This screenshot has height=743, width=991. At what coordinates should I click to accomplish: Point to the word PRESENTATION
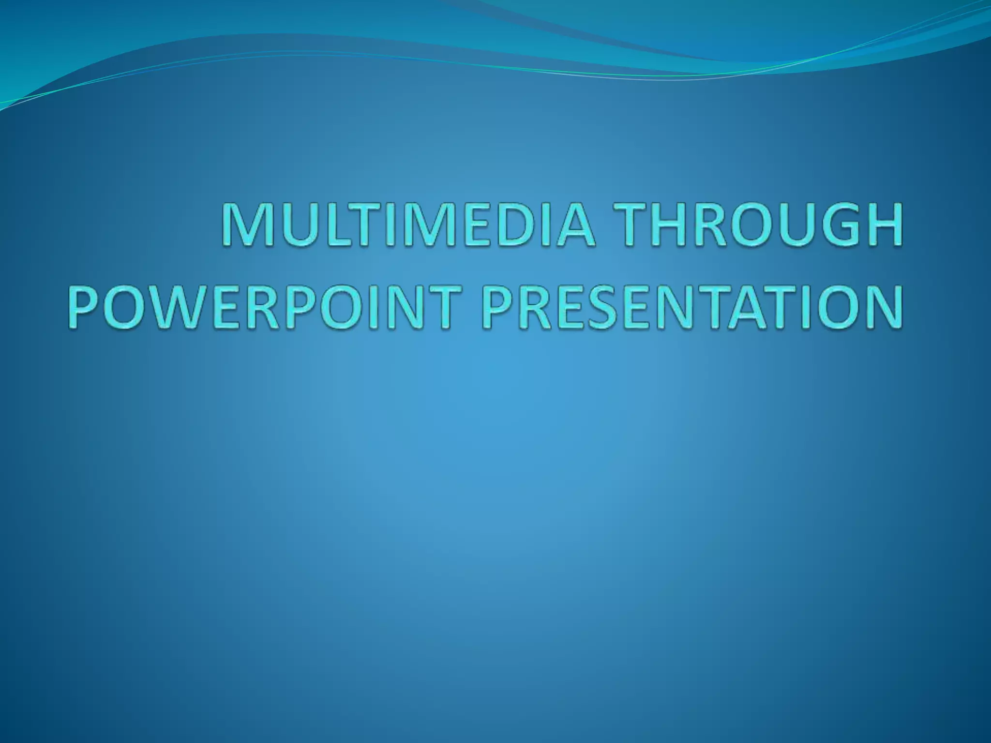click(x=692, y=307)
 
